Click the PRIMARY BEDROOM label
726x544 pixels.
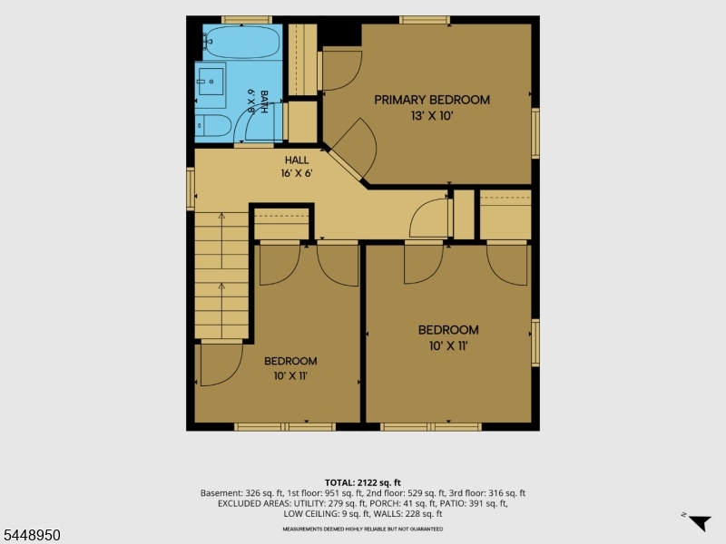[x=432, y=100]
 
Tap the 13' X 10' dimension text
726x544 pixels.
[x=432, y=116]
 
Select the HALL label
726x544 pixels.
[x=297, y=160]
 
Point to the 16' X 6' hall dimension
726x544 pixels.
[x=297, y=173]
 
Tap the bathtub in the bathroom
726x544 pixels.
[x=241, y=42]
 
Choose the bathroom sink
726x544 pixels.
[x=211, y=82]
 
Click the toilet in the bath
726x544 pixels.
[x=213, y=125]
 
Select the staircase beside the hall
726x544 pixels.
[x=221, y=276]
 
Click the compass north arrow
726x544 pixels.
[x=701, y=522]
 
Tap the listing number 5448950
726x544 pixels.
[x=31, y=535]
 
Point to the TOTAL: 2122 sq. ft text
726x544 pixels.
[x=362, y=483]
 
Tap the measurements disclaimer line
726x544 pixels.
[x=362, y=529]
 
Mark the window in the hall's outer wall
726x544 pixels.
[x=191, y=189]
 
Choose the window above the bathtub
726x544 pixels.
[x=246, y=19]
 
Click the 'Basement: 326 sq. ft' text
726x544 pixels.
[x=242, y=493]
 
